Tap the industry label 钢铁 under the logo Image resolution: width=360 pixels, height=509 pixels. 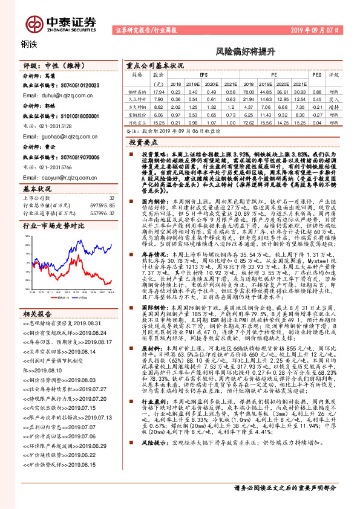pyautogui.click(x=29, y=44)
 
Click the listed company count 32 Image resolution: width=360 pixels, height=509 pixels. pyautogui.click(x=111, y=198)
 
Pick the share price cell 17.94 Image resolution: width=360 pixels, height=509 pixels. pyautogui.click(x=159, y=91)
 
